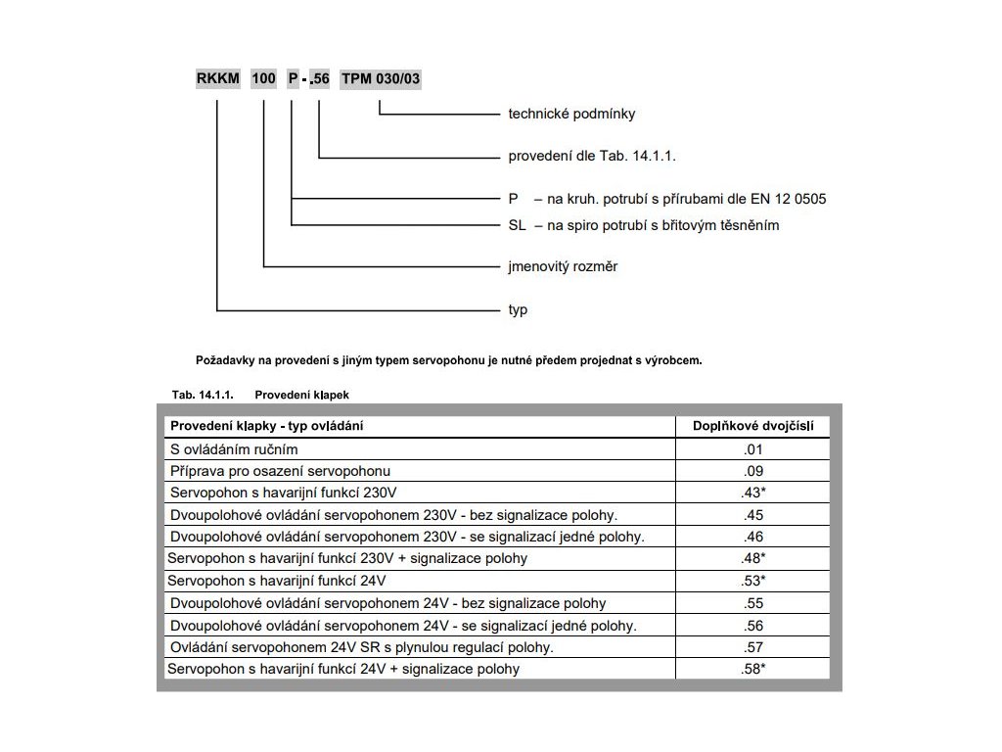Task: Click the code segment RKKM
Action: tap(217, 78)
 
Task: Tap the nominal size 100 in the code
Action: tap(263, 78)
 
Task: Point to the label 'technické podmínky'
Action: tap(571, 114)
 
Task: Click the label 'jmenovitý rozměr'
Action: tap(563, 266)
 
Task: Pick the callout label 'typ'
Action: tap(518, 310)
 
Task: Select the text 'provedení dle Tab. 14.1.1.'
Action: tap(593, 156)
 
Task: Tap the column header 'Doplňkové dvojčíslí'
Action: tap(753, 426)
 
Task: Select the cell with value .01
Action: tap(752, 449)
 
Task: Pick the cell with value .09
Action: tap(752, 471)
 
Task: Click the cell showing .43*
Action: tap(752, 493)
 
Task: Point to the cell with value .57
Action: tap(752, 647)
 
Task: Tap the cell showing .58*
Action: tap(752, 670)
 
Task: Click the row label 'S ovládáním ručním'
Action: tap(234, 449)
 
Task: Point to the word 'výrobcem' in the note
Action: tap(674, 360)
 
